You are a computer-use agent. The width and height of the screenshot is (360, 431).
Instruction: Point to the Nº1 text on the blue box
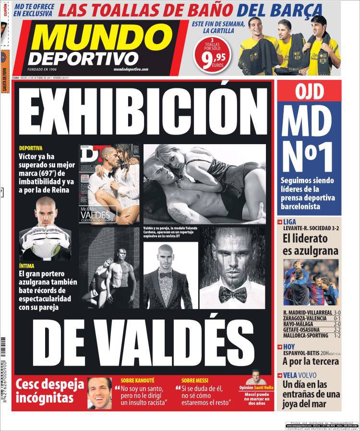309,156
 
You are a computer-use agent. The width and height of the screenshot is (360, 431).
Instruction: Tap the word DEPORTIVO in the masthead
83,58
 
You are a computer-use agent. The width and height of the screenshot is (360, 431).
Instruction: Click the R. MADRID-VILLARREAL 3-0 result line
312,312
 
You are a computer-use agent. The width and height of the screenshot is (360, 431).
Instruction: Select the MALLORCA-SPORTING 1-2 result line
312,335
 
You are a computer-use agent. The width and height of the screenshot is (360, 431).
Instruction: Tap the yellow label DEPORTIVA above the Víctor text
31,148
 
